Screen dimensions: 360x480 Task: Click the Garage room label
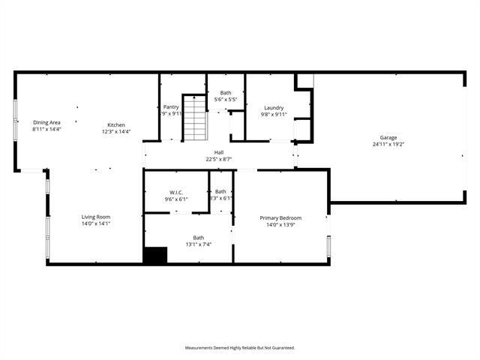pos(388,137)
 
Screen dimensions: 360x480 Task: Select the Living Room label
pos(96,217)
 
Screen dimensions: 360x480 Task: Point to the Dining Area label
pos(46,122)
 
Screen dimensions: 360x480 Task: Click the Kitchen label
pos(115,124)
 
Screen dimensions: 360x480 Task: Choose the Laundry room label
pos(274,107)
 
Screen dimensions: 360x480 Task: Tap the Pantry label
pos(171,106)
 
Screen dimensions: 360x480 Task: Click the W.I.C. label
pos(177,192)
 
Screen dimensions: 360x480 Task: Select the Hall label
pos(219,152)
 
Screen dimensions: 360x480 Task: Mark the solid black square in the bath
pos(155,255)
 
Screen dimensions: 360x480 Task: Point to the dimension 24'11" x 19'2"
pos(388,144)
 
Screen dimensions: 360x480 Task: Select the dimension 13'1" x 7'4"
pos(199,244)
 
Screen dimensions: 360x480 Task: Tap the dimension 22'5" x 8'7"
pos(219,159)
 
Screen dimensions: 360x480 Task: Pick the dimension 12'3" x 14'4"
pos(116,131)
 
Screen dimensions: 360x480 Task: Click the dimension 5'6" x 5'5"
pos(226,99)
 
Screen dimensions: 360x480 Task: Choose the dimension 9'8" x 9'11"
pos(274,114)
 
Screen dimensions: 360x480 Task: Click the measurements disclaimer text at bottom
pos(240,347)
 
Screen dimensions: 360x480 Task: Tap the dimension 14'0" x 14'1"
pos(96,223)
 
